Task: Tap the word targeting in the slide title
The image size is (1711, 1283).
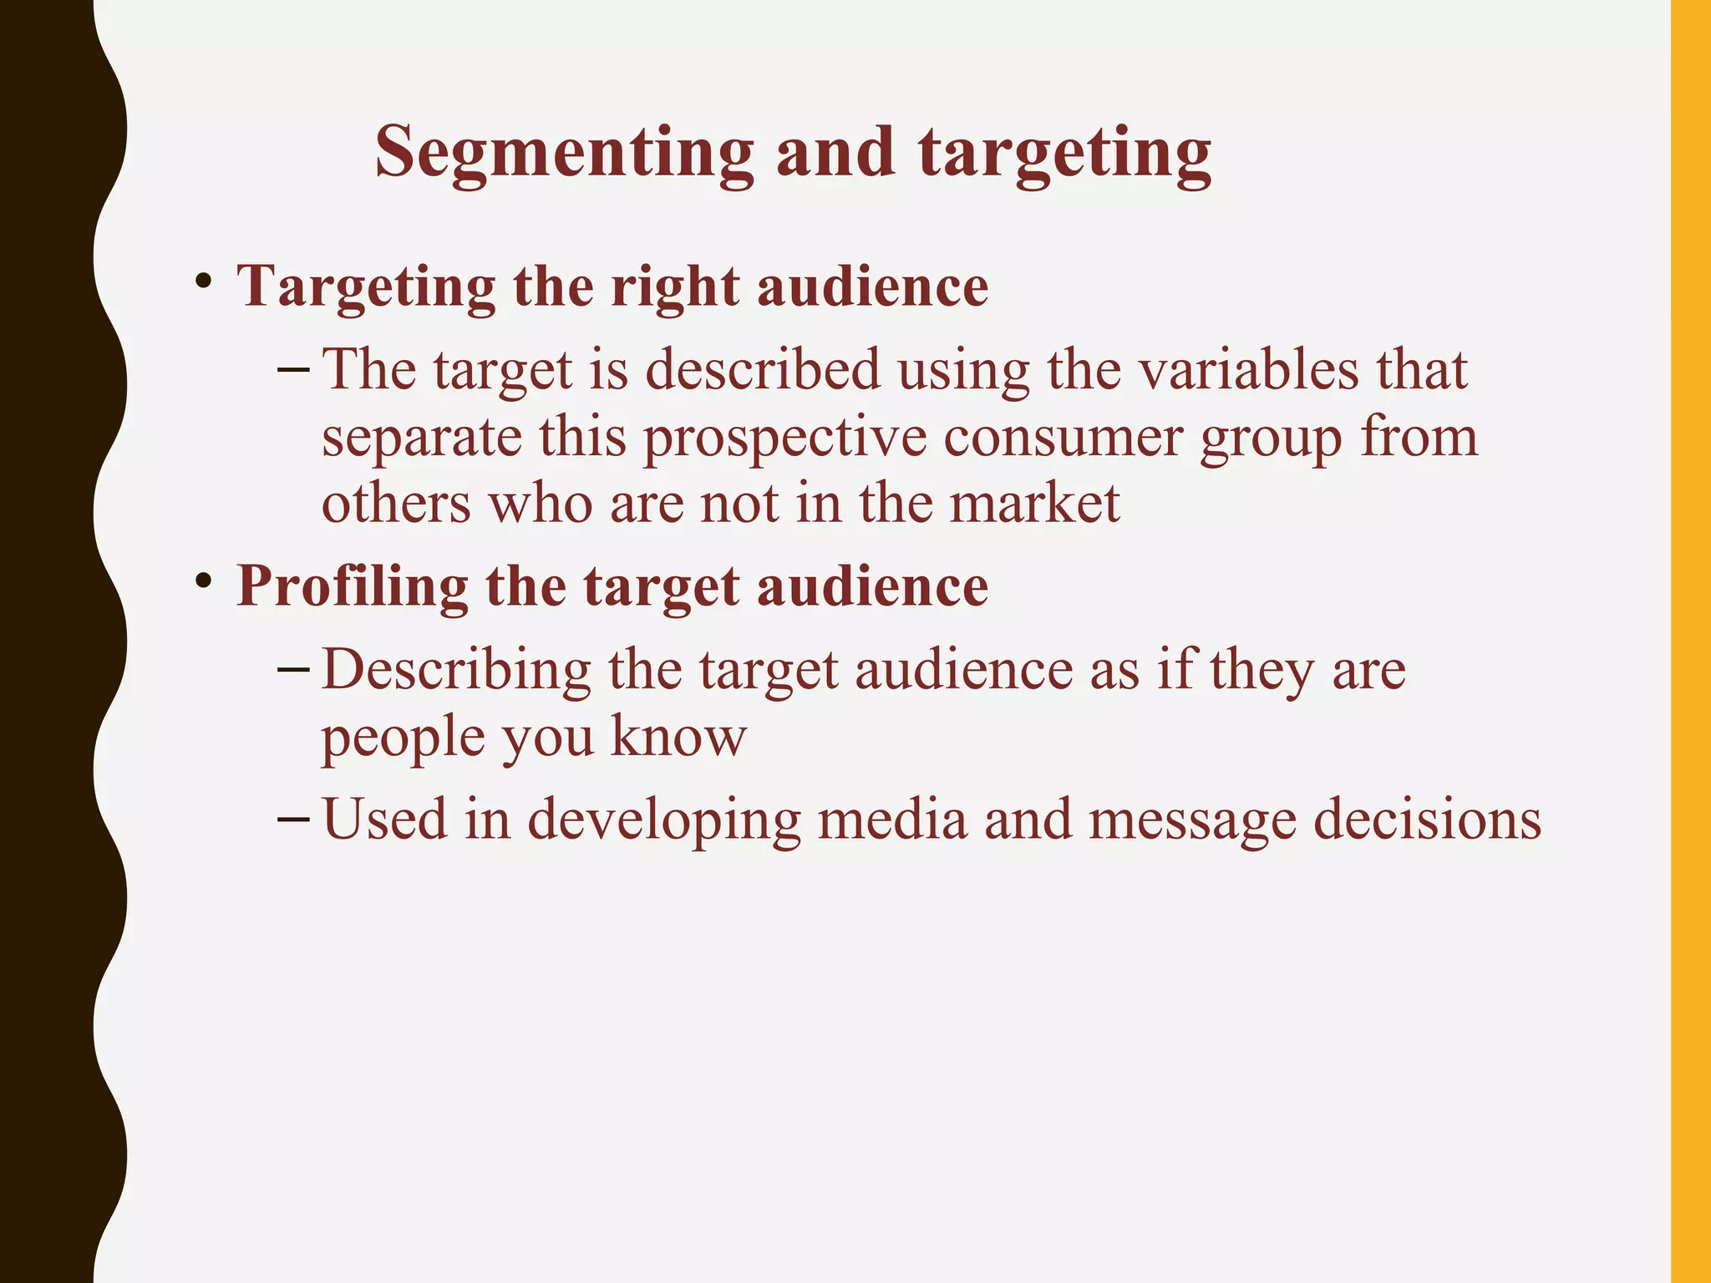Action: tap(1064, 153)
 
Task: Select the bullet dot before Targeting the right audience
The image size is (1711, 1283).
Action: tap(202, 281)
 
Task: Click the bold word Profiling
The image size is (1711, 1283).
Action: tap(352, 586)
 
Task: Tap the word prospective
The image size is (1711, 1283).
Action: tap(784, 438)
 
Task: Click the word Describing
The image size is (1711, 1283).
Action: tap(456, 670)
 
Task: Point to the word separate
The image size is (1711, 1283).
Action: tap(421, 438)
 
